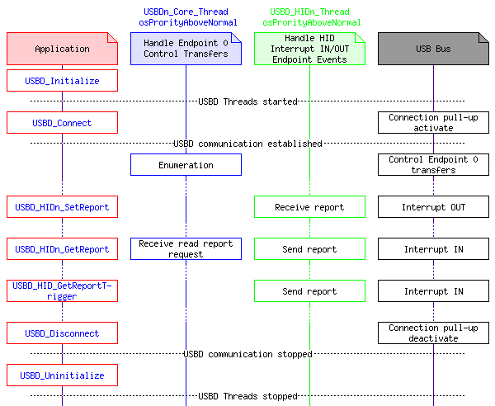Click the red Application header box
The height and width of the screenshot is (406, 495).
tap(62, 49)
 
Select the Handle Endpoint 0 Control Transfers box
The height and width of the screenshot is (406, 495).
tap(186, 49)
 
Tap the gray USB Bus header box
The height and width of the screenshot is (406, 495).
tap(433, 49)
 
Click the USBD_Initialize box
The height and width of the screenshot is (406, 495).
tap(62, 81)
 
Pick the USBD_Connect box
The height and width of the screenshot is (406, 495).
tap(62, 123)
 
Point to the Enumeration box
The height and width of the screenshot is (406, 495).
tap(186, 165)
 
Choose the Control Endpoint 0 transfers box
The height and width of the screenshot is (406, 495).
tap(433, 165)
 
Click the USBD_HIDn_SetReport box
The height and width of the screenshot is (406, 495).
tap(62, 207)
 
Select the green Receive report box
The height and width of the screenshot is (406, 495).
tap(309, 207)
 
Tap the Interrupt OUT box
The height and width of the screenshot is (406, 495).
tap(433, 207)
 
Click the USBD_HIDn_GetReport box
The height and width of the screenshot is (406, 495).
tap(62, 249)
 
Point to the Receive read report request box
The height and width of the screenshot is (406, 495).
tap(186, 249)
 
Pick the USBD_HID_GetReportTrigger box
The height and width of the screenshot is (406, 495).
tap(62, 291)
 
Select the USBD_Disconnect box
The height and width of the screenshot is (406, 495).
tap(62, 333)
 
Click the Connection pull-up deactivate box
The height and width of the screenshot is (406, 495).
tap(433, 333)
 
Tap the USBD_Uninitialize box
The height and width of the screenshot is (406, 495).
tap(62, 375)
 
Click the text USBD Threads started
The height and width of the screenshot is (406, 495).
tap(247, 101)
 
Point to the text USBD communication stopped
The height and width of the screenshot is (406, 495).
tap(247, 354)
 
